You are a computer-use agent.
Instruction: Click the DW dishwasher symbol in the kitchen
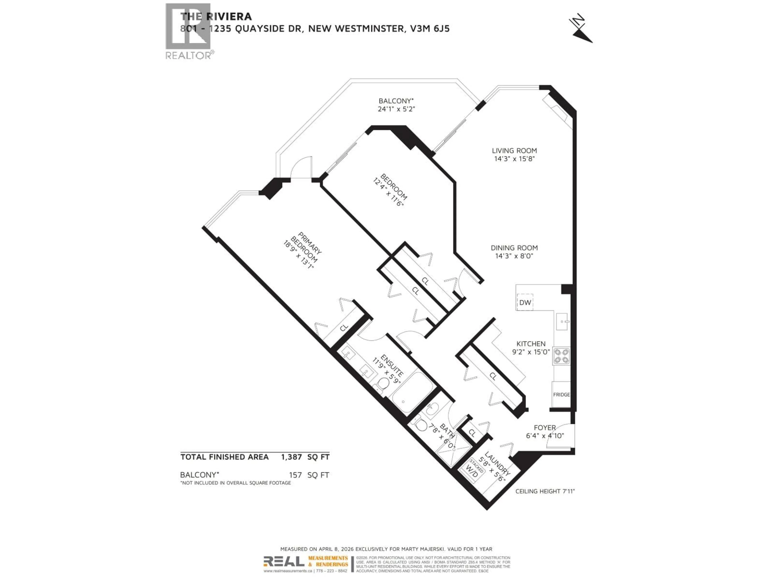coord(525,302)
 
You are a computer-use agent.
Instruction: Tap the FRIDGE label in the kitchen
coord(561,394)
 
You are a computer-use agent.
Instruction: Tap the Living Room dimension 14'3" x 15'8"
coord(514,159)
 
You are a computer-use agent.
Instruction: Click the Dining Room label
coord(514,248)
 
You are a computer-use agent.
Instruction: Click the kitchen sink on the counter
coord(562,321)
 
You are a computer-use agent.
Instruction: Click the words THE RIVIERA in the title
coord(216,17)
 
